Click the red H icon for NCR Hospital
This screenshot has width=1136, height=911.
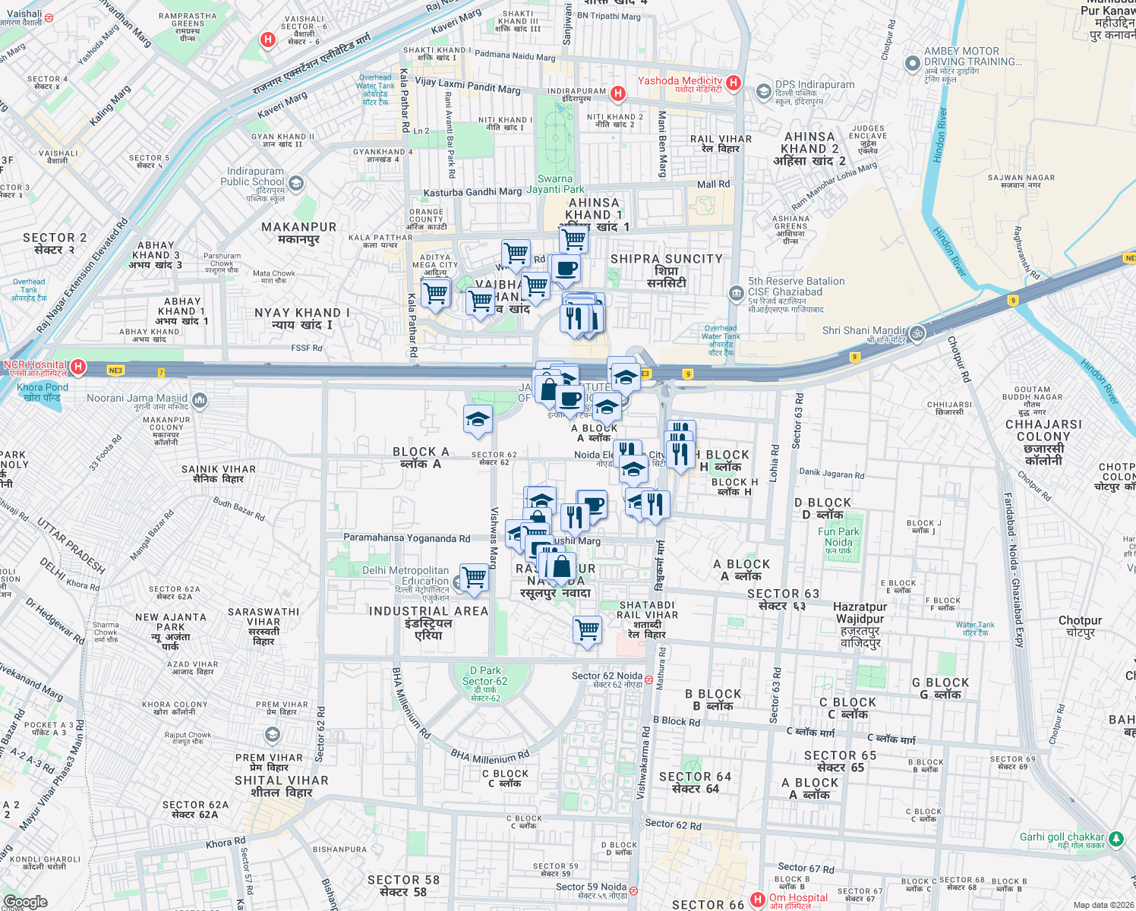(x=77, y=367)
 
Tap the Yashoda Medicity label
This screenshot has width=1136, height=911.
(x=680, y=81)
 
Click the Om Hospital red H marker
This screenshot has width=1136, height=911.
(x=757, y=900)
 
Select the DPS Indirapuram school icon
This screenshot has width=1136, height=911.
(x=763, y=92)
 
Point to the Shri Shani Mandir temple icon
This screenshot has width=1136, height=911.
(x=917, y=333)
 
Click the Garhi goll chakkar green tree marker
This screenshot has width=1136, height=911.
(x=1115, y=839)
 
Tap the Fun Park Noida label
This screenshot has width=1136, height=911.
(x=838, y=537)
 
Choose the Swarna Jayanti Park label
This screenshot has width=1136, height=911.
(x=555, y=184)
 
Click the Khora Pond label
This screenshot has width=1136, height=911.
(x=43, y=392)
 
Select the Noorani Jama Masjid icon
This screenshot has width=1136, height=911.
(x=199, y=399)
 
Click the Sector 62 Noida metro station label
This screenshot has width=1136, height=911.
(x=607, y=676)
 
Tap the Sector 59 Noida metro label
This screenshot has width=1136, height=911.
(x=591, y=887)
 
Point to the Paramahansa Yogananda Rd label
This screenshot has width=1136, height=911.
(x=406, y=538)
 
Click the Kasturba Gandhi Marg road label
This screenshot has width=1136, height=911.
(x=472, y=192)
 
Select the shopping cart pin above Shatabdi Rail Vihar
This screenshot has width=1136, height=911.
(x=588, y=629)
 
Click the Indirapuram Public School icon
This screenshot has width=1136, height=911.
(x=296, y=183)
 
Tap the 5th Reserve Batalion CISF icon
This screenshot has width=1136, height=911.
(x=736, y=292)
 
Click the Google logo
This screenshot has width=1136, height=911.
(x=26, y=901)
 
